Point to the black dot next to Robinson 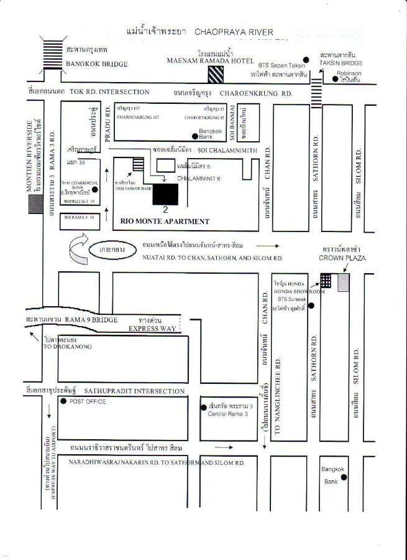(x=335, y=79)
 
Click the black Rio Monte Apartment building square (x=165, y=194)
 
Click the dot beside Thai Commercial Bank (x=94, y=189)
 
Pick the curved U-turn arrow (x=80, y=250)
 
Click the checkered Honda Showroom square (x=326, y=280)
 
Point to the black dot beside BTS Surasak (x=311, y=306)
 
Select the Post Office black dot (x=63, y=401)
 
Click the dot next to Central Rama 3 (x=204, y=408)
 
